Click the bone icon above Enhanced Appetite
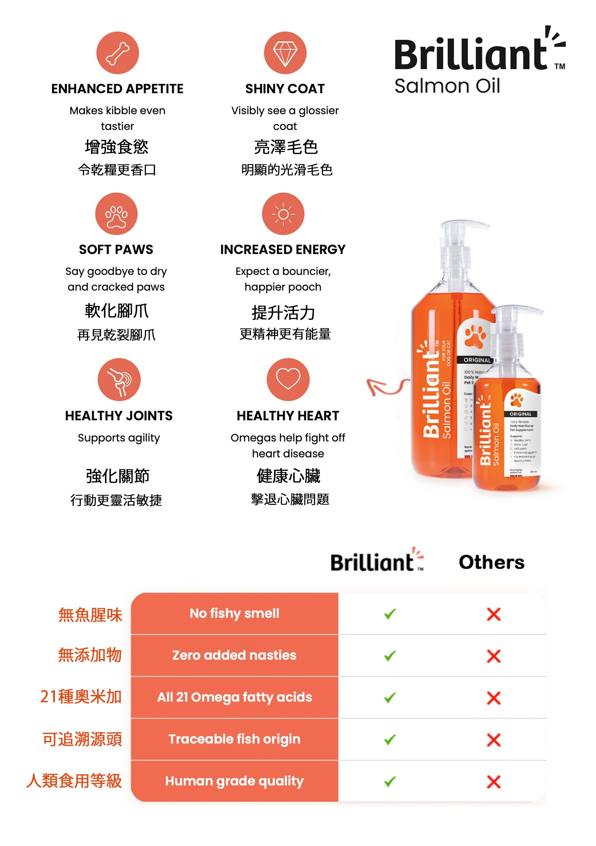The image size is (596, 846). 118,53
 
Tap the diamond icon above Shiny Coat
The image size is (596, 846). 285,53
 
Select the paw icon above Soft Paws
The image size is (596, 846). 116,214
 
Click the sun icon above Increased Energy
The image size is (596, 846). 283,214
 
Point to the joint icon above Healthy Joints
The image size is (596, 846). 119,380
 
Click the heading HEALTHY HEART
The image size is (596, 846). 288,415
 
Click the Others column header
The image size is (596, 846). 491,562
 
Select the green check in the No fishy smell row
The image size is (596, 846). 390,614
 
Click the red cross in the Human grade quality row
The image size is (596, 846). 494,782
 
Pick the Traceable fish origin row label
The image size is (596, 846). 234,739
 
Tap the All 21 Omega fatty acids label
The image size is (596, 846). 234,697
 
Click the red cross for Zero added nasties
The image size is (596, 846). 494,656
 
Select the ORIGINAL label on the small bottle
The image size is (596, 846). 521,414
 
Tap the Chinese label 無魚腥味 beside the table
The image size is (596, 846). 90,615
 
